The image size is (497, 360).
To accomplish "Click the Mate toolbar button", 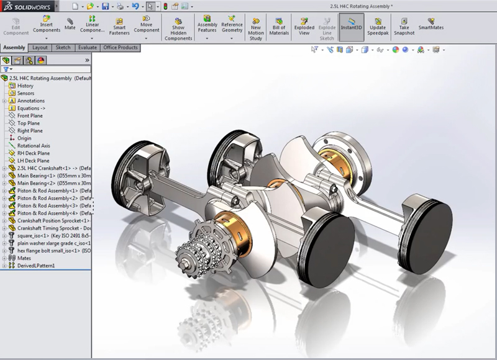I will tap(70, 24).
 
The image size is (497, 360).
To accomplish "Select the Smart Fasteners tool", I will tap(119, 26).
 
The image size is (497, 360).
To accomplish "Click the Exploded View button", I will tap(304, 26).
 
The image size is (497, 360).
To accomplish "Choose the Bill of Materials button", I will tap(279, 26).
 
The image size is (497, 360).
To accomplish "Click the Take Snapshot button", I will tap(404, 26).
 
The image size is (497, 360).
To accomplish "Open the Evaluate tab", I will tap(87, 47).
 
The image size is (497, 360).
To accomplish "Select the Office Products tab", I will tap(120, 47).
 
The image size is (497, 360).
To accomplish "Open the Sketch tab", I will tap(63, 47).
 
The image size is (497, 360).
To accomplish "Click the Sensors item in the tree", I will tap(25, 93).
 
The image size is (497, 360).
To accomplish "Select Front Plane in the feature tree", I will tap(30, 115).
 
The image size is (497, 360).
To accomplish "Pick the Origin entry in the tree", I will tap(24, 138).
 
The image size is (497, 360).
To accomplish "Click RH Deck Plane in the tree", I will tap(34, 153).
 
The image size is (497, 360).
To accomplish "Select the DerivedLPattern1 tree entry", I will tap(35, 266).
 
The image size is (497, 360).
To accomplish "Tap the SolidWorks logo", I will tap(29, 6).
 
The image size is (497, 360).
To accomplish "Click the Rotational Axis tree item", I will tap(34, 146).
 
